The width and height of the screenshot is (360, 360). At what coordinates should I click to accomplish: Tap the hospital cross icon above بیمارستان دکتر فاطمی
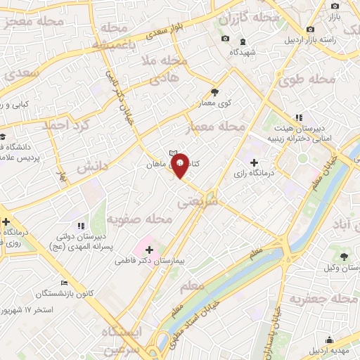point(149,249)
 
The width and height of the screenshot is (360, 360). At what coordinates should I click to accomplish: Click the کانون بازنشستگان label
point(38,292)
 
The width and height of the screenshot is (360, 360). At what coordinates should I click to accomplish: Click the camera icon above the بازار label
point(335,5)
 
